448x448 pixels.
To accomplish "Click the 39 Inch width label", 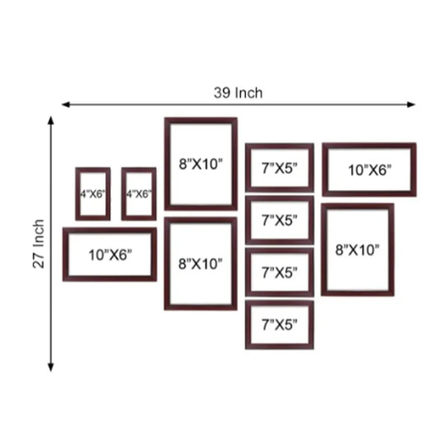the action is (x=238, y=93).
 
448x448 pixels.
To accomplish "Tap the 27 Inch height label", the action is (x=39, y=244).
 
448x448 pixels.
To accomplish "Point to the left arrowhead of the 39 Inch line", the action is (x=66, y=105).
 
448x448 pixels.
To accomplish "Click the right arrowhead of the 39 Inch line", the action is (x=412, y=105).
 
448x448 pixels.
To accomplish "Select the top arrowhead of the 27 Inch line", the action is (x=51, y=120).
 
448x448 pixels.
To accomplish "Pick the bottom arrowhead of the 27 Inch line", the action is (x=51, y=367).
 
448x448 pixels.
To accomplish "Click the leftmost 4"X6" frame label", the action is (x=92, y=194).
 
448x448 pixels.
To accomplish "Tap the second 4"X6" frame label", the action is (x=139, y=194).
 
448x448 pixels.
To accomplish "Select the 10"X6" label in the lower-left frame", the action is (x=110, y=255).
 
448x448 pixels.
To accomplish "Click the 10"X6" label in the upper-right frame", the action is (x=370, y=170).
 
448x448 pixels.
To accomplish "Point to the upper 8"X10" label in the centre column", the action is (x=200, y=164).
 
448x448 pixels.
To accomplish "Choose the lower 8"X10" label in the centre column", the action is (x=200, y=264).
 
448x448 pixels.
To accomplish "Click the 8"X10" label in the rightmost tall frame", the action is (x=357, y=250).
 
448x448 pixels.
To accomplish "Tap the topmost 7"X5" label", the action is (x=279, y=168).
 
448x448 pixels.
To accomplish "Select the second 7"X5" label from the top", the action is (x=279, y=220).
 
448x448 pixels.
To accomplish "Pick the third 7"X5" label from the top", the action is (x=279, y=273).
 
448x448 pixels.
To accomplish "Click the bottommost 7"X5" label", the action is (x=279, y=325).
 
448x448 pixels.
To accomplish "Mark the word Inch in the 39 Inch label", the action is (x=249, y=93).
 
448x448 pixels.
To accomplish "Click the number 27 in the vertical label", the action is (x=39, y=261).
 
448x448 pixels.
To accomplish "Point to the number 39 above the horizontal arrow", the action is (x=222, y=93).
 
